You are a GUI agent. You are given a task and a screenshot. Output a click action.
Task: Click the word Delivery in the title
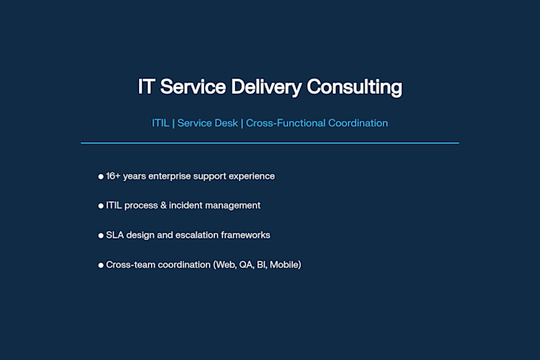coord(266,87)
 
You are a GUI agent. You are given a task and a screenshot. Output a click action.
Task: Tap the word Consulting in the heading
coord(354,87)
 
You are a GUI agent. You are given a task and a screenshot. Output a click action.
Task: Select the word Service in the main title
coord(193,87)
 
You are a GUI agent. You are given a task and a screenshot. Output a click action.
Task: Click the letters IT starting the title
coord(145,87)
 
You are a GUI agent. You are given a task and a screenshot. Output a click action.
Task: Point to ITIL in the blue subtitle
coord(160,123)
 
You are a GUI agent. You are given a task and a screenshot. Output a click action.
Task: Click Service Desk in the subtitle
coord(207,123)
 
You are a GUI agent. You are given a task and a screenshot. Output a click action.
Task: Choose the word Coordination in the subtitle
coord(358,123)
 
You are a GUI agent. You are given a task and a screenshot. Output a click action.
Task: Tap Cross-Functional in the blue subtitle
coord(286,123)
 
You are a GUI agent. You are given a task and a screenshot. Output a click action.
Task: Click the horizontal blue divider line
coord(270,142)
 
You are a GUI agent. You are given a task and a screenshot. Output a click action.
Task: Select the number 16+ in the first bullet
coord(113,176)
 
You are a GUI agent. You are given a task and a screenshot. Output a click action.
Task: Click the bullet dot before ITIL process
coord(101,206)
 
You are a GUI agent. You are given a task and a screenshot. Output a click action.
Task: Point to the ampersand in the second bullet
coord(164,205)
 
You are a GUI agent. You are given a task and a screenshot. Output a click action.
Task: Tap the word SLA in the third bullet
coord(114,235)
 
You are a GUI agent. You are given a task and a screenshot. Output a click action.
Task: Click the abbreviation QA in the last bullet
coord(246,265)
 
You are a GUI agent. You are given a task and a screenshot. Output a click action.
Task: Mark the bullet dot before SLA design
coord(101,236)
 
